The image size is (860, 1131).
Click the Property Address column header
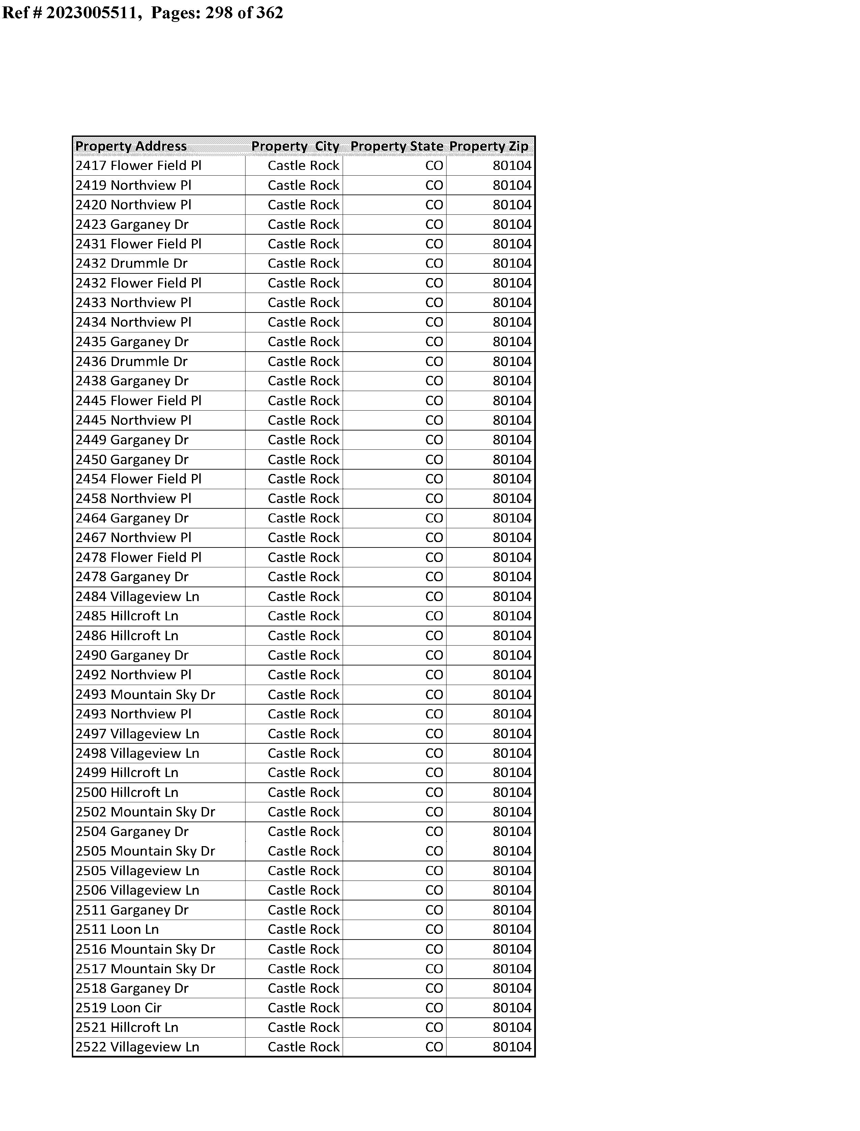pyautogui.click(x=131, y=146)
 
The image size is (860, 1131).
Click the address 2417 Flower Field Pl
pyautogui.click(x=138, y=166)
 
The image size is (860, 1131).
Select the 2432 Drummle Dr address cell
pyautogui.click(x=132, y=263)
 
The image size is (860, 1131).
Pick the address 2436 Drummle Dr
pyautogui.click(x=132, y=362)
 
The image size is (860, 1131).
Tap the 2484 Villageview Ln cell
pyautogui.click(x=137, y=596)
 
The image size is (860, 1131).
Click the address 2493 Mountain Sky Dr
pyautogui.click(x=145, y=695)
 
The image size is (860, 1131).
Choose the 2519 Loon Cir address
pyautogui.click(x=118, y=1008)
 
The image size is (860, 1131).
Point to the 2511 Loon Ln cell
pyautogui.click(x=117, y=929)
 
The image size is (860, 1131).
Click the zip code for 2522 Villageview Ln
pyautogui.click(x=512, y=1047)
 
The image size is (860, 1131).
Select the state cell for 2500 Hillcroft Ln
pyautogui.click(x=434, y=792)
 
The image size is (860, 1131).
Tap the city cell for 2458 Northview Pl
pyautogui.click(x=303, y=499)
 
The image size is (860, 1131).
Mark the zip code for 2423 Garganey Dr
pyautogui.click(x=512, y=225)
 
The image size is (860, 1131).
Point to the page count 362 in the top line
pyautogui.click(x=269, y=12)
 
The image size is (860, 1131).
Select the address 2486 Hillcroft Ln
pyautogui.click(x=127, y=636)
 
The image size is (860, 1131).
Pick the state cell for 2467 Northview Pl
pyautogui.click(x=434, y=538)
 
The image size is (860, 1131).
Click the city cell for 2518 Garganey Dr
pyautogui.click(x=303, y=988)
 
